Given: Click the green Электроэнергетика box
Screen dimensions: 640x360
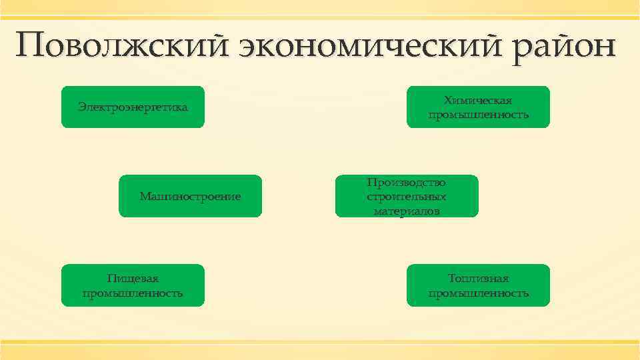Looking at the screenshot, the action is pyautogui.click(x=133, y=107).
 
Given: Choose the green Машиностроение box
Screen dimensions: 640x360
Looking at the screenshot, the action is pyautogui.click(x=190, y=196).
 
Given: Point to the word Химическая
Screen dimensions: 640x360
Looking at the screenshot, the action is pyautogui.click(x=478, y=100).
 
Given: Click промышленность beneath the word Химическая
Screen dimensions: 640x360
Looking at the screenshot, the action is pyautogui.click(x=478, y=115).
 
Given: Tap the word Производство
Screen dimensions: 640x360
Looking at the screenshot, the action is pyautogui.click(x=406, y=182).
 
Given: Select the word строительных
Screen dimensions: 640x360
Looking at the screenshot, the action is pyautogui.click(x=406, y=197).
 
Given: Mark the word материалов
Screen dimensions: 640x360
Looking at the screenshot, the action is pyautogui.click(x=406, y=211).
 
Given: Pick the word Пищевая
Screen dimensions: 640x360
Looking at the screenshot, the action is pyautogui.click(x=133, y=279).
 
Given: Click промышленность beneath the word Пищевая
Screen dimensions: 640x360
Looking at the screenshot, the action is pyautogui.click(x=133, y=293).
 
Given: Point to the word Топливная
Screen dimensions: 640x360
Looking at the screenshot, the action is pyautogui.click(x=478, y=279).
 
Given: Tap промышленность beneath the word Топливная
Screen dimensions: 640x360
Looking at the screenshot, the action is pyautogui.click(x=478, y=293).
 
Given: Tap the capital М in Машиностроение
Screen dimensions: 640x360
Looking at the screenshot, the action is pyautogui.click(x=145, y=196).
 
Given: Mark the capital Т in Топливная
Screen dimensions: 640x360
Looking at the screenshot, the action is pyautogui.click(x=452, y=279).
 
